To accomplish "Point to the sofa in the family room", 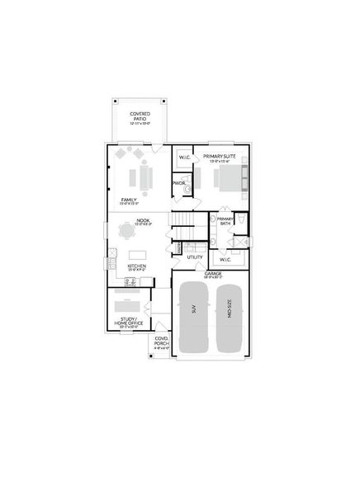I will pyautogui.click(x=146, y=176).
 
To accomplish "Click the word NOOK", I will pyautogui.click(x=143, y=219).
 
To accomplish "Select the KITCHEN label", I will pyautogui.click(x=137, y=266).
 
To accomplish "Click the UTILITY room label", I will pyautogui.click(x=195, y=257).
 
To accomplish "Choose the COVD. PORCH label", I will pyautogui.click(x=161, y=341).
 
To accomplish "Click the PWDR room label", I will pyautogui.click(x=178, y=183).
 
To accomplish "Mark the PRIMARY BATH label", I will pyautogui.click(x=225, y=220).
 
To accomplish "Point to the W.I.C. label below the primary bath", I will pyautogui.click(x=225, y=259).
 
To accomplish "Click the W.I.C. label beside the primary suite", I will pyautogui.click(x=184, y=156).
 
